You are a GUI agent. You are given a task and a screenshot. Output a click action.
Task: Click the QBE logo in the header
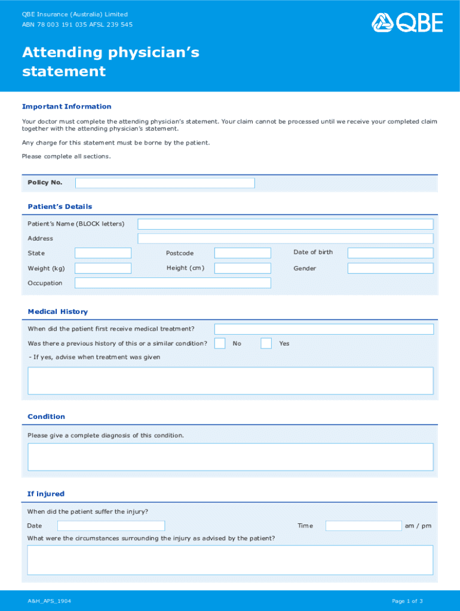[407, 23]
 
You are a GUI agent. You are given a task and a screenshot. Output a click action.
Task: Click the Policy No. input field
[165, 183]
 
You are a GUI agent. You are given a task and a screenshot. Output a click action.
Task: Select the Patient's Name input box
[285, 224]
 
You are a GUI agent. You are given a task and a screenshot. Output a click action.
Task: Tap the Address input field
[285, 239]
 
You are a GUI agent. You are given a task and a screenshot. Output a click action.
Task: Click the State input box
[103, 253]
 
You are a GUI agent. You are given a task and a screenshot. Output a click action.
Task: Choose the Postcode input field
[243, 253]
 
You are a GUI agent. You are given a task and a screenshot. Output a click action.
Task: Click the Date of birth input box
[390, 253]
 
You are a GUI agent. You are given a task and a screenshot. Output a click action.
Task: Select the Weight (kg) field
[103, 269]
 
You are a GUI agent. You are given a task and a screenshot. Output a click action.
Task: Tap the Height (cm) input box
[243, 269]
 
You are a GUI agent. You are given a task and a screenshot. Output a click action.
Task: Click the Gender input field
[390, 269]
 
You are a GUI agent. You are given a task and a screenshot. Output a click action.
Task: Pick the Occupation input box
[173, 283]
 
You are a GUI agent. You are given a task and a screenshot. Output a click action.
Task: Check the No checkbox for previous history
[220, 343]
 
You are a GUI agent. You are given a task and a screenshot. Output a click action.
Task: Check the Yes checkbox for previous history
[266, 343]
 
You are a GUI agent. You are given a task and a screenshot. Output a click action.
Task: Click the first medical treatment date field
[324, 329]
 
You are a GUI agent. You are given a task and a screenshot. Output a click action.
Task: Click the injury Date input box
[111, 526]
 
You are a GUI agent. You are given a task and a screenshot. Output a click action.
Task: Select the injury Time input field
[363, 526]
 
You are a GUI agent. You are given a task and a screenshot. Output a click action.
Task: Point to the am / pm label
[418, 526]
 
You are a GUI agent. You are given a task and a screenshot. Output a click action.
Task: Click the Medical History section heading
[58, 311]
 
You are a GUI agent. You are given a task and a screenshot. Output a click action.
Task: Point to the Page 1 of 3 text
[407, 601]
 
